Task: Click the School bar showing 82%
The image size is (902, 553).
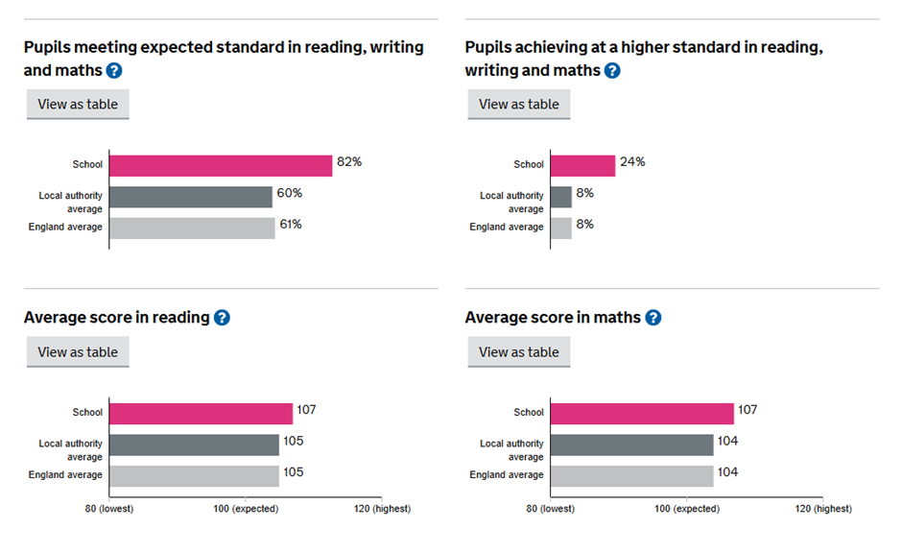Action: click(221, 165)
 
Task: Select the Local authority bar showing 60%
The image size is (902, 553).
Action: click(191, 197)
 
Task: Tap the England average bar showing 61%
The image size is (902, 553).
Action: click(192, 228)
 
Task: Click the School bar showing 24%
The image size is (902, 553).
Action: click(583, 165)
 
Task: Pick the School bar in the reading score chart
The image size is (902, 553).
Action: click(201, 413)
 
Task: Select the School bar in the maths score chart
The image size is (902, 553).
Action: click(642, 413)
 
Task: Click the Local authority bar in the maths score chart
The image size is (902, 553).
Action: click(632, 445)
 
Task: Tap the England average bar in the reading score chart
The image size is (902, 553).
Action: click(194, 476)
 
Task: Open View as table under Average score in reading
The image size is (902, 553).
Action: click(78, 352)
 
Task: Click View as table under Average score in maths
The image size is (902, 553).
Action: click(519, 352)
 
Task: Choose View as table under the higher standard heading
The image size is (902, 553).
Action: click(519, 105)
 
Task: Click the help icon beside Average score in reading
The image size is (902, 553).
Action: click(222, 318)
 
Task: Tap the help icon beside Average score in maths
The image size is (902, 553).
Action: click(653, 318)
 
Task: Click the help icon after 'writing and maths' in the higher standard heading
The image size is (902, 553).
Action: click(612, 70)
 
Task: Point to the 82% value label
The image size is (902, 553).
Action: click(348, 161)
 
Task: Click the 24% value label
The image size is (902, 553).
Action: click(632, 161)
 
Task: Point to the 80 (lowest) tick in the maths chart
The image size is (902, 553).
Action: click(550, 509)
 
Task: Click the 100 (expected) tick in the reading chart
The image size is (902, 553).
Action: click(246, 509)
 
